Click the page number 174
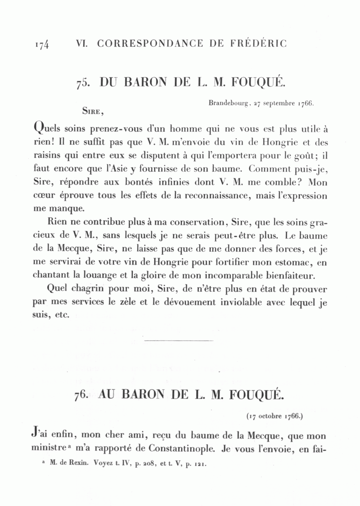tap(42, 44)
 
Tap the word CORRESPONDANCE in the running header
tap(150, 44)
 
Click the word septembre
tap(278, 103)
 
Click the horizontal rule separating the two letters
tap(178, 341)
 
